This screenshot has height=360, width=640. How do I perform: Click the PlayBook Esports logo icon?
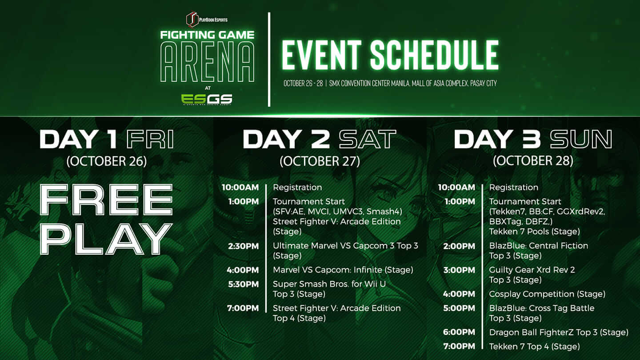[192, 19]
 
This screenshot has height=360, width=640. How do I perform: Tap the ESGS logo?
[207, 99]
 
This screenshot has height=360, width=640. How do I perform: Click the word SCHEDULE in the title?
[434, 55]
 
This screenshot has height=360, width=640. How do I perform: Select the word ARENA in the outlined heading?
[208, 62]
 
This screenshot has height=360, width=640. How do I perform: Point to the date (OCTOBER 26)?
[107, 161]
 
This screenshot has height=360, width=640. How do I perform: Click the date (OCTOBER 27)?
[320, 161]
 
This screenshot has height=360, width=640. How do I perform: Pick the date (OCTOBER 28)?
[533, 161]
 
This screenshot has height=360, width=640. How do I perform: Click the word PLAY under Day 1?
[106, 239]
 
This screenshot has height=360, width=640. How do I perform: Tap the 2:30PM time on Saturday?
[243, 246]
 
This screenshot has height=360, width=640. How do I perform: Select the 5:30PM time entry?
[243, 284]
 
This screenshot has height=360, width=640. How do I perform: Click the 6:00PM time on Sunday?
[459, 332]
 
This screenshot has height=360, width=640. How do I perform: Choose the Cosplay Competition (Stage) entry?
[547, 294]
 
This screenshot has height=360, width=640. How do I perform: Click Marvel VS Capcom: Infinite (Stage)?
[343, 270]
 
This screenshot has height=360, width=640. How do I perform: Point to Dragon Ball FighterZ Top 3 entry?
[559, 332]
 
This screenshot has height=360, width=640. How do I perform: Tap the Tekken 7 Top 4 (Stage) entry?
[534, 347]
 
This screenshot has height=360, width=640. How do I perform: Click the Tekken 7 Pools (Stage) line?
[534, 232]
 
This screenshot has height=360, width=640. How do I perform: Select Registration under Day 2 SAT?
[297, 188]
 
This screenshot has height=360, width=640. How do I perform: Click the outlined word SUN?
[581, 139]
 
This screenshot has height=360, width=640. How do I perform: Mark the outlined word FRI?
[150, 139]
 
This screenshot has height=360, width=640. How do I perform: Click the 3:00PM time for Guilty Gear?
[459, 270]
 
